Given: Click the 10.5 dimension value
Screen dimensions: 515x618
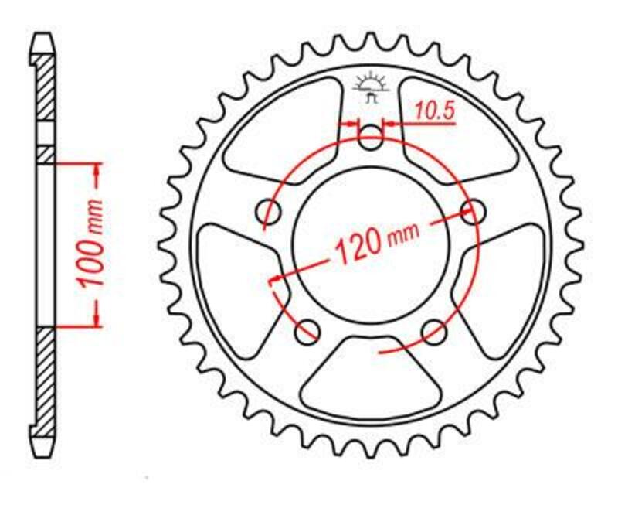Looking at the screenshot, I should click(434, 112).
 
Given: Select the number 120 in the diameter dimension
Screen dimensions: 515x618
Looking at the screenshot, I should click(358, 245).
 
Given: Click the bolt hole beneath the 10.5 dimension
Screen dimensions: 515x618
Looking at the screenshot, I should click(372, 140).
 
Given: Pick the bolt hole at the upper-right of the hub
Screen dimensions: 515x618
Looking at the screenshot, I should click(473, 210).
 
